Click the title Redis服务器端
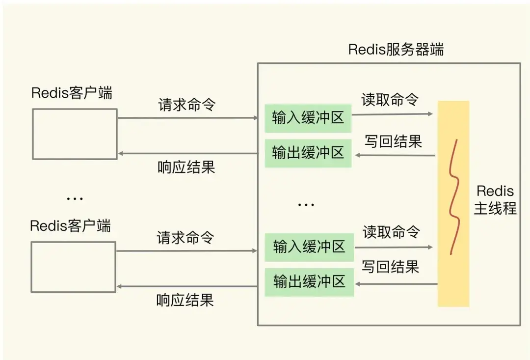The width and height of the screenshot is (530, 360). pos(396,50)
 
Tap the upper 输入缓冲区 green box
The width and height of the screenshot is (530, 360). pos(308,118)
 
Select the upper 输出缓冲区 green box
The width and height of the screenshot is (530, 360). pos(308,153)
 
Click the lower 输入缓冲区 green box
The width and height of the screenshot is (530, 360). pos(309,247)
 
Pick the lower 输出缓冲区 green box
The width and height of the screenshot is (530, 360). pos(309,282)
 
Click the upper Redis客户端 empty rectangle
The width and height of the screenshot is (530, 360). pos(75,134)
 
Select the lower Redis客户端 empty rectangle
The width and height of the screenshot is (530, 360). pos(74,267)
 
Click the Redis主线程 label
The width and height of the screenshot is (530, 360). pos(495,200)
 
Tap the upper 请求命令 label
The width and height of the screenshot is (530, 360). pos(186,105)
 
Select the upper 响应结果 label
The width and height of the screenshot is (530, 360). pos(186,167)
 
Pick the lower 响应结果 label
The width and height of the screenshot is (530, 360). pos(185,300)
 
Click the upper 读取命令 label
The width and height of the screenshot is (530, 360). pos(390,99)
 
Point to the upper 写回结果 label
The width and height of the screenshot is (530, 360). pos(393,141)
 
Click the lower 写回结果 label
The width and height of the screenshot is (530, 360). pos(391,267)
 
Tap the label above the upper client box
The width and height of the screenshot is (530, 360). pos(72,93)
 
